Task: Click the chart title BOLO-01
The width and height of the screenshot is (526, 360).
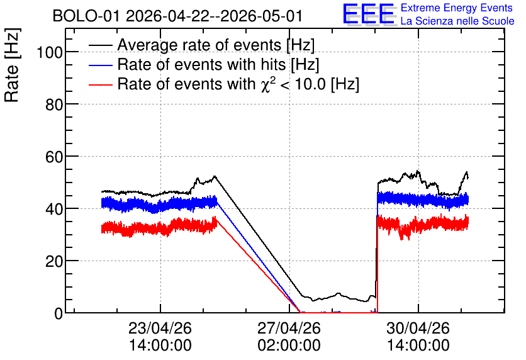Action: pyautogui.click(x=86, y=16)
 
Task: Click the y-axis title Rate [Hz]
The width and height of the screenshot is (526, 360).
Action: pyautogui.click(x=12, y=65)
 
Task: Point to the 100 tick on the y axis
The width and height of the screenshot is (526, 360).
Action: pyautogui.click(x=50, y=52)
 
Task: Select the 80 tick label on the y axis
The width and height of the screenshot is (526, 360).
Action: pyautogui.click(x=54, y=104)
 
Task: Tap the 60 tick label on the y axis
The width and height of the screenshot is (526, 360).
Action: pyautogui.click(x=54, y=157)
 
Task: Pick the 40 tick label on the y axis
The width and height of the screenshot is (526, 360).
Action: pyautogui.click(x=54, y=209)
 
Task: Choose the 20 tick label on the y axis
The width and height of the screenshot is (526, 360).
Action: pyautogui.click(x=54, y=261)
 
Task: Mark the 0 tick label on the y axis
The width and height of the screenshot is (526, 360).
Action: pyautogui.click(x=59, y=313)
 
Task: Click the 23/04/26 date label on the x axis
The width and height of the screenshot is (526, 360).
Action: pyautogui.click(x=160, y=328)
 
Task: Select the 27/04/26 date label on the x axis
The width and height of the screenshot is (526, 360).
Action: pyautogui.click(x=289, y=328)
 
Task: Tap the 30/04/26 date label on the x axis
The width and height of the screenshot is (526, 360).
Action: pyautogui.click(x=418, y=328)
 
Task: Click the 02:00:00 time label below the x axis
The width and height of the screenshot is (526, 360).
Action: pyautogui.click(x=289, y=345)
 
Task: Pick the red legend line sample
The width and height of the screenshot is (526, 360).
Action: pyautogui.click(x=101, y=84)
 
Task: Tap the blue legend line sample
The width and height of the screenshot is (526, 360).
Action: pyautogui.click(x=101, y=65)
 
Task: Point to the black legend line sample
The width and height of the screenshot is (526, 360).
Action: pyautogui.click(x=101, y=45)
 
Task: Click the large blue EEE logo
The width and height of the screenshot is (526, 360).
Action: pyautogui.click(x=369, y=14)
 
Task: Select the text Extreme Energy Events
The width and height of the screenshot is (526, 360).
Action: pyautogui.click(x=457, y=8)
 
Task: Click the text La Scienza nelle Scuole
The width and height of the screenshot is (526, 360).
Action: pyautogui.click(x=457, y=21)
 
